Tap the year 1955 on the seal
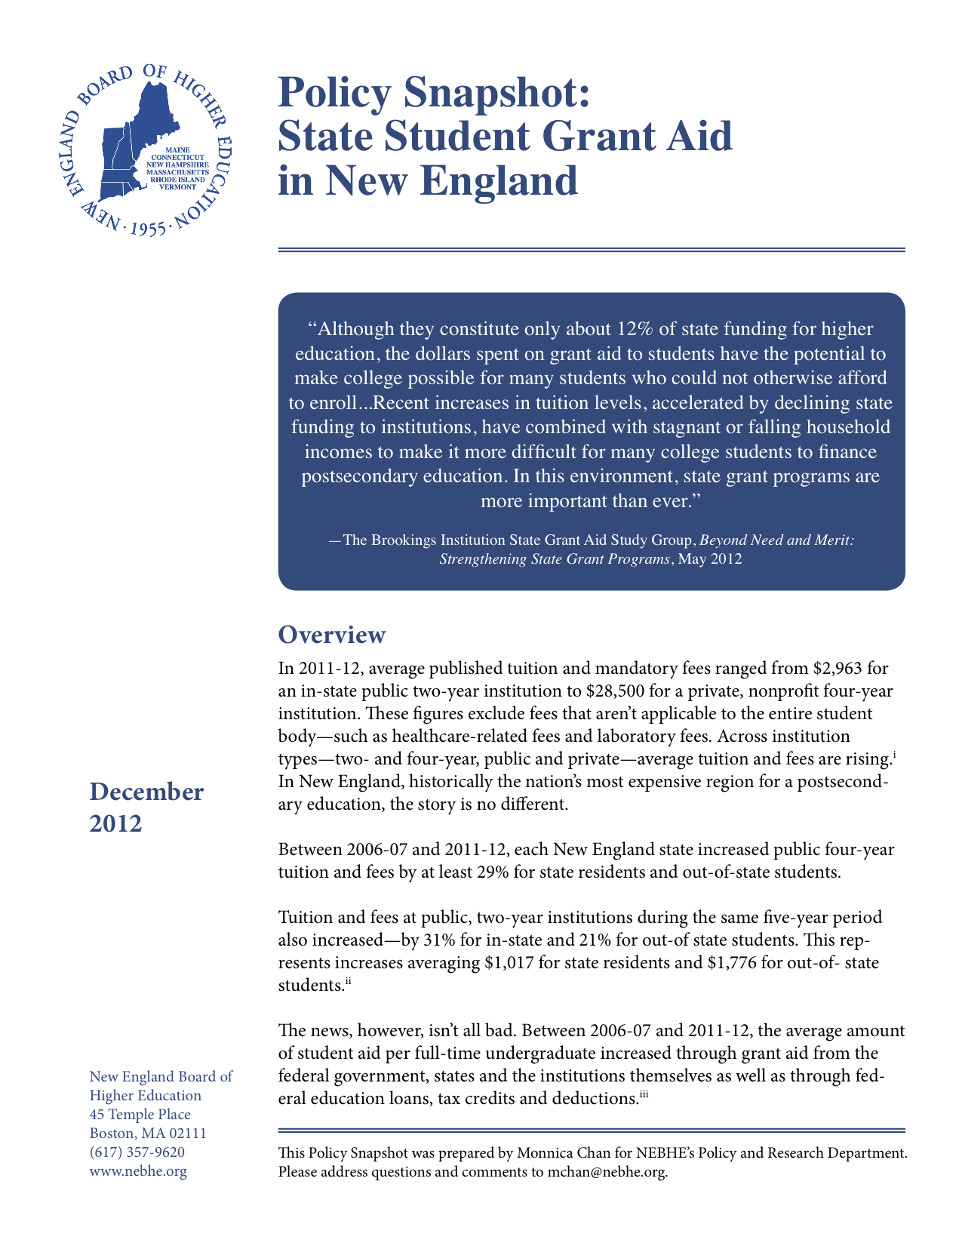point(148,229)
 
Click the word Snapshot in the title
point(493,93)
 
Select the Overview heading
point(331,635)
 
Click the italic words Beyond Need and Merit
point(776,540)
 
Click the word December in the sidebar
point(146,792)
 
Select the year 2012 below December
point(115,823)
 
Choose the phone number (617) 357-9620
point(137,1152)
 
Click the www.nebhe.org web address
point(138,1171)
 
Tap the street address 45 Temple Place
point(140,1115)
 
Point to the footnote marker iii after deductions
point(644,1093)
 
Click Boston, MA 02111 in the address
point(148,1134)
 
